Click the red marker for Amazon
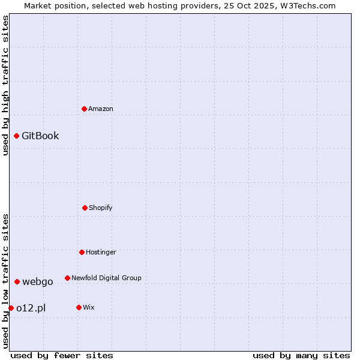click(x=85, y=109)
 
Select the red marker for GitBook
click(x=17, y=136)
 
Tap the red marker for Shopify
click(x=85, y=208)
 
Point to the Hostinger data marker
click(x=82, y=252)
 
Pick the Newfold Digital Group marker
click(x=67, y=278)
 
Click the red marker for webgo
click(x=17, y=281)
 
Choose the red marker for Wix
click(x=79, y=307)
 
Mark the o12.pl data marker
click(x=11, y=308)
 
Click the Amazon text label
click(x=101, y=109)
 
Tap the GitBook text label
click(x=40, y=136)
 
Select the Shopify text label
click(x=101, y=208)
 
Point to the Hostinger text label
click(x=101, y=252)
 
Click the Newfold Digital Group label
click(x=106, y=278)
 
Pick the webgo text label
click(x=38, y=281)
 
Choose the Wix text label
click(x=89, y=307)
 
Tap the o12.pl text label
click(x=31, y=308)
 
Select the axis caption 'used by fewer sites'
click(x=62, y=355)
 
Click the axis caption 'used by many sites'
click(x=301, y=355)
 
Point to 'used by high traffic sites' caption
click(x=5, y=85)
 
